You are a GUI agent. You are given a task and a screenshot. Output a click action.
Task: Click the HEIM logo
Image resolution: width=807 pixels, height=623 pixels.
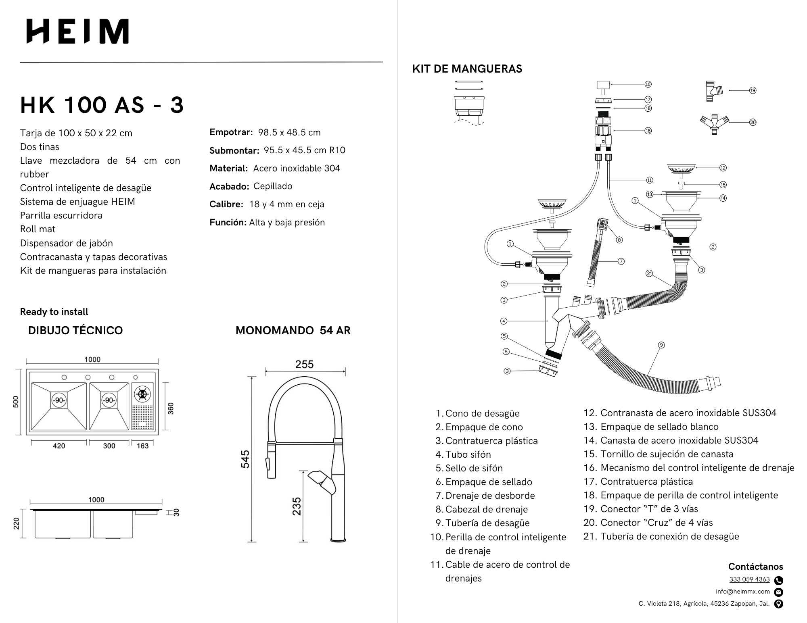pos(77,31)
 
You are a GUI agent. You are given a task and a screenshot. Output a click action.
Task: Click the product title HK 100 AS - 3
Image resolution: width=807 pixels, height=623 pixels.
pos(102,105)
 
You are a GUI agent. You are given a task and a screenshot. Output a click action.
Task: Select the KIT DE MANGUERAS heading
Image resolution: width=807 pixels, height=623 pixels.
pos(467,69)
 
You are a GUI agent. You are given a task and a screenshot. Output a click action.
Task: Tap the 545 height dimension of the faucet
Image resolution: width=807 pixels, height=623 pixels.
pos(245,459)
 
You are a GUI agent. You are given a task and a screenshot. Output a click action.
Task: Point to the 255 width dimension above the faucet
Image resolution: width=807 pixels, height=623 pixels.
pos(304,365)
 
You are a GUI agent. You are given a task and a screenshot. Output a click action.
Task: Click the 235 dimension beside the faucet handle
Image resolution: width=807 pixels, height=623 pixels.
pos(297,506)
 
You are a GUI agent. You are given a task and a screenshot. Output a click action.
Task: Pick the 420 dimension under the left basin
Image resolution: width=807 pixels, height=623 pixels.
pos(59,446)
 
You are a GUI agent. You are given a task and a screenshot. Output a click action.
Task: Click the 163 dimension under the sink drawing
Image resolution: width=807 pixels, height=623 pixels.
pos(142,446)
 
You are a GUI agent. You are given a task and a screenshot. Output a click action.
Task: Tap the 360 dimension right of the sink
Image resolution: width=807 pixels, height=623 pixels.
pos(171,408)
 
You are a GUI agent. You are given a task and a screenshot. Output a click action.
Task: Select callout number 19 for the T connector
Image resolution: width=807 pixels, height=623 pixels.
pos(753,90)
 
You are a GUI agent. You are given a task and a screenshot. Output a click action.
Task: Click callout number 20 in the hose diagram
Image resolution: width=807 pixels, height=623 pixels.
pos(753,122)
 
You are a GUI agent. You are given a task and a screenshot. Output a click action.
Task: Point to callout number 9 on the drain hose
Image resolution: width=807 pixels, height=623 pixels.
pos(661,345)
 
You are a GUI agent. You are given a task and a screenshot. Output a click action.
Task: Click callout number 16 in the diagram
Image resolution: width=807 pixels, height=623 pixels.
pos(648,131)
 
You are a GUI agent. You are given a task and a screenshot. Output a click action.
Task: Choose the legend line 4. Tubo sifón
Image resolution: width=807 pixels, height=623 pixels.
pos(464,454)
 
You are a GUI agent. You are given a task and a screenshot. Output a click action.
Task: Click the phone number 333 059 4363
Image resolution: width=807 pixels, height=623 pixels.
pos(749,579)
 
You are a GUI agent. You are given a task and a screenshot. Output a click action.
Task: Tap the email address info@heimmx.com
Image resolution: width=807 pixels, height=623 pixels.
pos(742,592)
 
